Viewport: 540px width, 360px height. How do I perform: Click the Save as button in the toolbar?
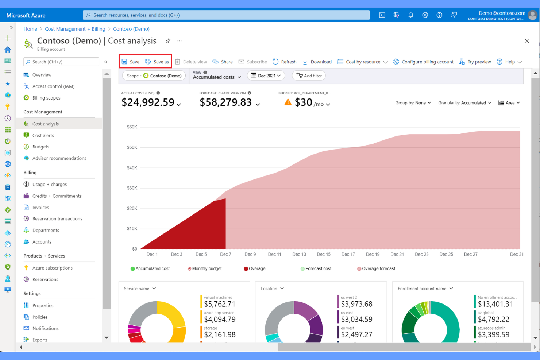click(157, 62)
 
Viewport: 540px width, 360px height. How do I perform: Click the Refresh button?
click(285, 62)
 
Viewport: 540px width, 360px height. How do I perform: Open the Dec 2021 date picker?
click(266, 76)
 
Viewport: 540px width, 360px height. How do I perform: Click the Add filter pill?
click(309, 76)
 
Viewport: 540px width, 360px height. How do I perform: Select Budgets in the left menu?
click(40, 147)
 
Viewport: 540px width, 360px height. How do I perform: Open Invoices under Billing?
click(40, 207)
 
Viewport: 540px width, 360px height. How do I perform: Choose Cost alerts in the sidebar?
click(43, 135)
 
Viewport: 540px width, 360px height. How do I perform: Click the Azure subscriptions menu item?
click(52, 268)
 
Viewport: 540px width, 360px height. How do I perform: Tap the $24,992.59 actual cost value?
click(148, 102)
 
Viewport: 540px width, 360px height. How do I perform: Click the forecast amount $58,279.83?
click(225, 102)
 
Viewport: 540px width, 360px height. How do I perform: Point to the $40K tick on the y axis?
click(132, 168)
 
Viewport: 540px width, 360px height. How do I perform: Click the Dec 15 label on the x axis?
click(323, 254)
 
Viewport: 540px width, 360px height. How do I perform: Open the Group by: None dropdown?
click(413, 103)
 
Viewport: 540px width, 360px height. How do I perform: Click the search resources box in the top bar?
click(226, 15)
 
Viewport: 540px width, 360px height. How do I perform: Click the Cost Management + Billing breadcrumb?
click(75, 29)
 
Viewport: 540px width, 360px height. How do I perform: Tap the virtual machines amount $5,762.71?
click(219, 304)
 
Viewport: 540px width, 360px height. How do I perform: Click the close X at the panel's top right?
click(526, 41)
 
